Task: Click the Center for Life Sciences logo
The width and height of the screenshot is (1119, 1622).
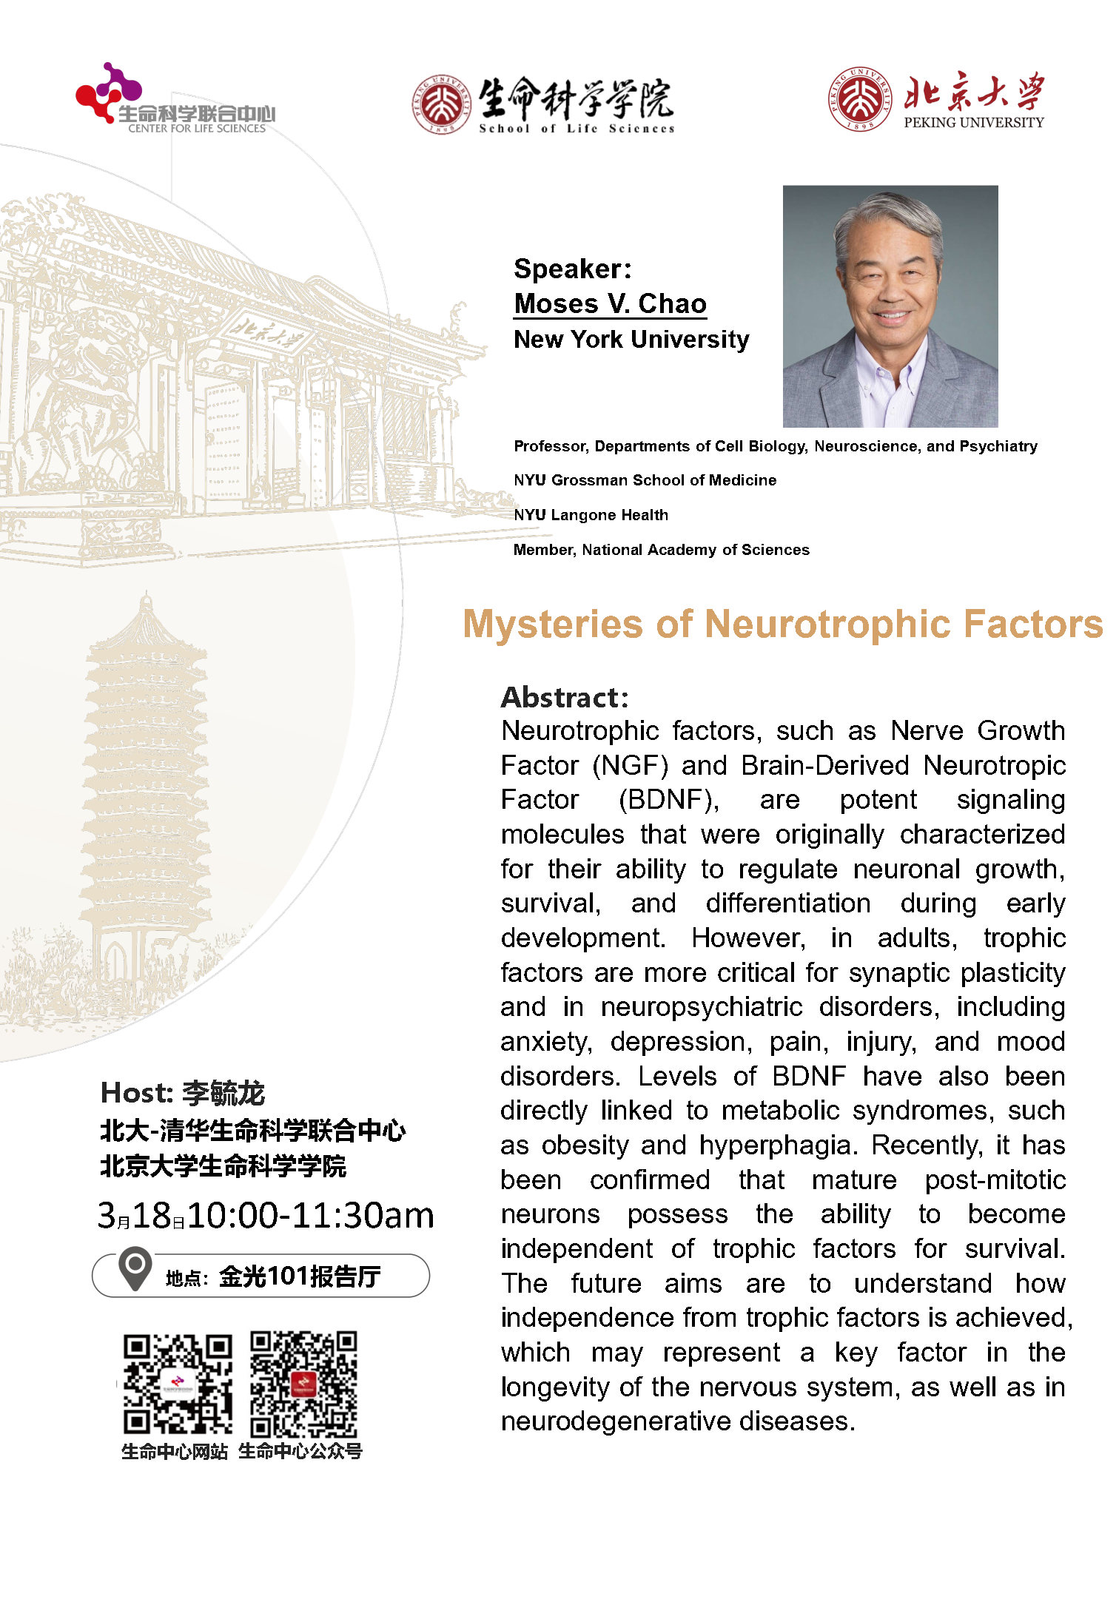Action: click(175, 99)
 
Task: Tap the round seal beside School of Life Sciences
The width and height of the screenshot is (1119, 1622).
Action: click(442, 104)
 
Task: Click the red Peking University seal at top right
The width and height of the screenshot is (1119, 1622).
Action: click(858, 98)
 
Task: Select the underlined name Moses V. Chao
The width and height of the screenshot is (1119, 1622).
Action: click(611, 304)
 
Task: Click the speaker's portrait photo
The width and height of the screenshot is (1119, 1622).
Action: click(890, 306)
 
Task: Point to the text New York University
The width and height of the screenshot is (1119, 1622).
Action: click(631, 340)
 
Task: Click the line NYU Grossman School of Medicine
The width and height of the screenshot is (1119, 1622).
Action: click(645, 480)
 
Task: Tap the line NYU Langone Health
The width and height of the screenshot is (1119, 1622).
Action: click(591, 515)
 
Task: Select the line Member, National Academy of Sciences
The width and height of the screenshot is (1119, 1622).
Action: click(661, 550)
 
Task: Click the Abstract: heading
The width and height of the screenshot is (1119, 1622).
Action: click(565, 697)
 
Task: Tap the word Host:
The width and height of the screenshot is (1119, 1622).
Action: click(137, 1093)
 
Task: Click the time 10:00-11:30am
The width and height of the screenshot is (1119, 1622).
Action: click(311, 1216)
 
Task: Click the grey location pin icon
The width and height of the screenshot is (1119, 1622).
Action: click(135, 1269)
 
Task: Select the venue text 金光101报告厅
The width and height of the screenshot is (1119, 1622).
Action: click(300, 1276)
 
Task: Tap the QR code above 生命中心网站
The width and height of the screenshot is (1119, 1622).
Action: click(178, 1384)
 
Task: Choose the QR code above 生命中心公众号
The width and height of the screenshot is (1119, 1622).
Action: click(303, 1384)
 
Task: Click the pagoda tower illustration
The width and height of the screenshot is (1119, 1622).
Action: click(147, 784)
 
